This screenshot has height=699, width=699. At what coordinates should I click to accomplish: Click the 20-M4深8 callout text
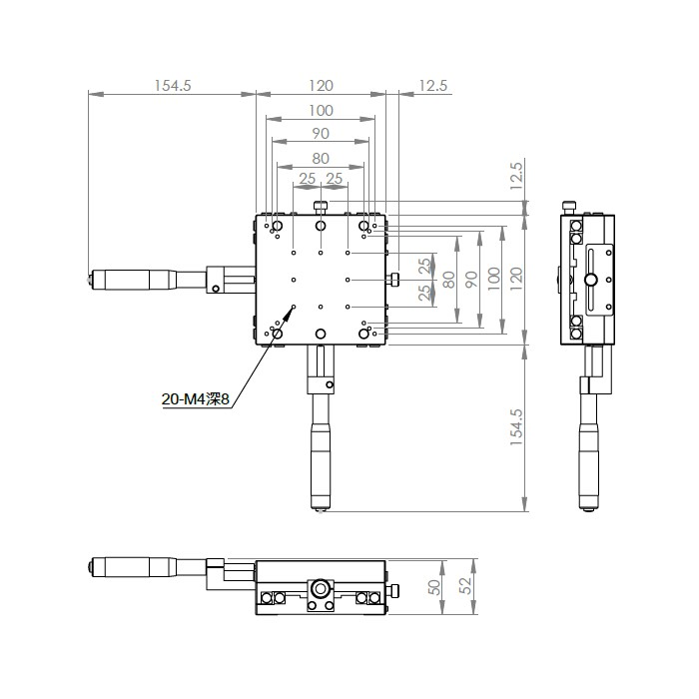point(196,399)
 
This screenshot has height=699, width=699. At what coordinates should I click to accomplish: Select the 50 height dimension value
point(433,587)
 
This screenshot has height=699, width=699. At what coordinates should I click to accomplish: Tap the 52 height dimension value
point(465,586)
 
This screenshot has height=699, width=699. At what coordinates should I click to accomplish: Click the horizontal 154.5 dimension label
point(173,86)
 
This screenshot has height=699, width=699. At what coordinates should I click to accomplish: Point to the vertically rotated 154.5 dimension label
point(516,427)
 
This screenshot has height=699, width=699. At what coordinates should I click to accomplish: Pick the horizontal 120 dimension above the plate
point(321,86)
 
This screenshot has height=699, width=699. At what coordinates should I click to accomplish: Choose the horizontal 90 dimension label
point(321,133)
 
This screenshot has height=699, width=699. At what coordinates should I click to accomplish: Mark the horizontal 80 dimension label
point(321,158)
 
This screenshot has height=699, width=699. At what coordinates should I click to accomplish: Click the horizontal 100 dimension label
point(321,111)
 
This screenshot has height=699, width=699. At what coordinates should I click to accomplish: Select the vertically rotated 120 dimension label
point(516,279)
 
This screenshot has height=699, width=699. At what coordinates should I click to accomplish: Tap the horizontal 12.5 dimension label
point(432,86)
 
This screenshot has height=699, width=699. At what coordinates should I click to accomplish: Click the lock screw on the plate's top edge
point(321,208)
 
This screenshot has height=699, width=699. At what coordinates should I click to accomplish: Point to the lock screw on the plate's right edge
point(393,280)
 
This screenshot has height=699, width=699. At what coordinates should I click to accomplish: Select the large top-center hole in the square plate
point(321,226)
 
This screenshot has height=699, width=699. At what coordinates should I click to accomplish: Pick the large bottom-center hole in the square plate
point(321,334)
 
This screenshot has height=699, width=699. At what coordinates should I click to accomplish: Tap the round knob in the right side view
point(591,280)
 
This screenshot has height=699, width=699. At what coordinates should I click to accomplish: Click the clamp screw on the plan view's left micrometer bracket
point(216,289)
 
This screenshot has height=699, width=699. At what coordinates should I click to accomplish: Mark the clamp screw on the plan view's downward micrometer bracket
point(329,384)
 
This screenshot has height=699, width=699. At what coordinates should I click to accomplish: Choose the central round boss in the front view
point(321,589)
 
